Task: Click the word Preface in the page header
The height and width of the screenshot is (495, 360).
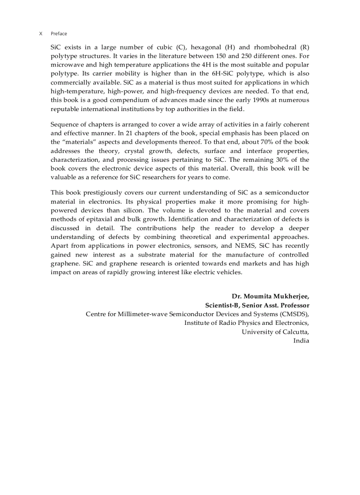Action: (x=59, y=33)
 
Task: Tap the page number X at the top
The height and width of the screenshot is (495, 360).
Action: (x=41, y=33)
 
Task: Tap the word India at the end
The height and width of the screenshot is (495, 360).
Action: (x=301, y=340)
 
